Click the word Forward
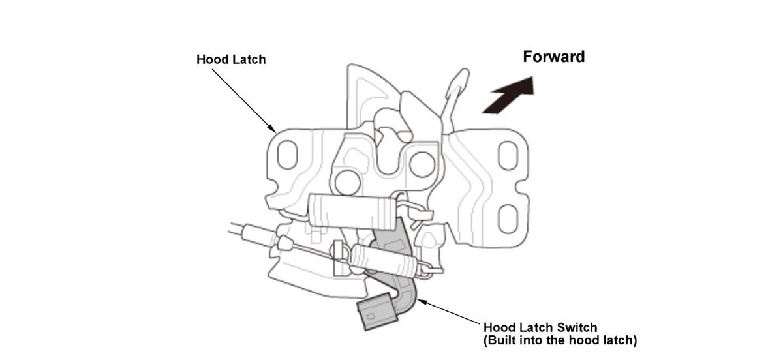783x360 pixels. click(553, 57)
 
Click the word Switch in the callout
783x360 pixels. click(575, 327)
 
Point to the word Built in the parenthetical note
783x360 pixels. click(502, 340)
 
